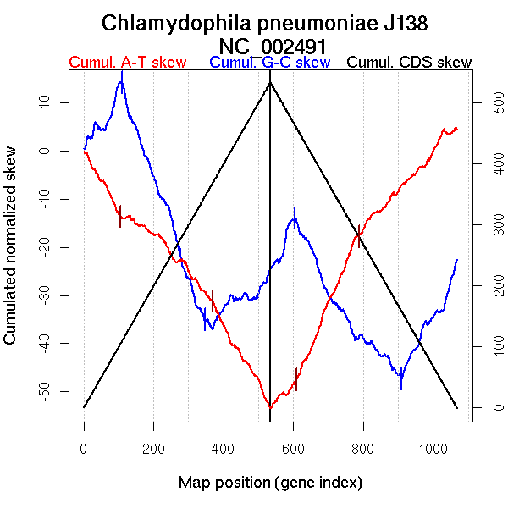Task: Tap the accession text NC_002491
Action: [x=270, y=46]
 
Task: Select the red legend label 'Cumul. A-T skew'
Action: [x=127, y=63]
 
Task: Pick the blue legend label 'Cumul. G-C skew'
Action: [x=269, y=63]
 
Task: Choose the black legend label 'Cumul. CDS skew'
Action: [x=410, y=63]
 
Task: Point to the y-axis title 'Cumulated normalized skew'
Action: [x=11, y=245]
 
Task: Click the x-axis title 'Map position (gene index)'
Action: [x=270, y=483]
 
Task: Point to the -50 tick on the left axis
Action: [x=50, y=391]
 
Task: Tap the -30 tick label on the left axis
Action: [x=50, y=295]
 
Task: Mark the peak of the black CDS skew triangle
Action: [x=270, y=82]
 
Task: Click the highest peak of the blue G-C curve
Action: [x=122, y=73]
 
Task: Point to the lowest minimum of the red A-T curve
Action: [x=270, y=408]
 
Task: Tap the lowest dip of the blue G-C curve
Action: [x=401, y=388]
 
